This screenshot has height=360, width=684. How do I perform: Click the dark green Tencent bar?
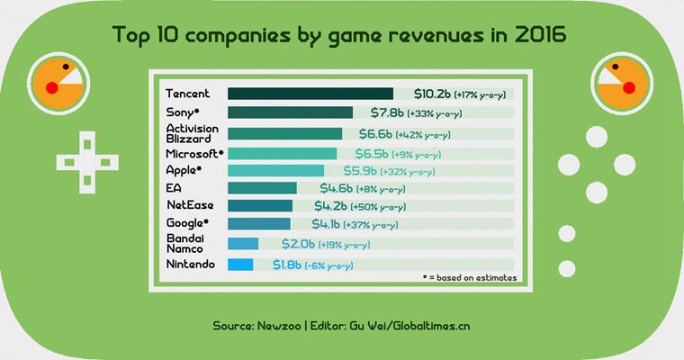tap(310, 94)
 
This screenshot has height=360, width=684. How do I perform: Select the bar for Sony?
tap(290, 112)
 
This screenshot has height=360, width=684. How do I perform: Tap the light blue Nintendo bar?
tap(240, 265)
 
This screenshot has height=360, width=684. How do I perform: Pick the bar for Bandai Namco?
tap(243, 243)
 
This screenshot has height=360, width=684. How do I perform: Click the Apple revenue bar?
tap(275, 170)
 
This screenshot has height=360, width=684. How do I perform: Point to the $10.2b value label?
tap(432, 94)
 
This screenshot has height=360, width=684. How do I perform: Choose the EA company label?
tap(174, 188)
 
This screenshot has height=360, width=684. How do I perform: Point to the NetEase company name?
tap(189, 205)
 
